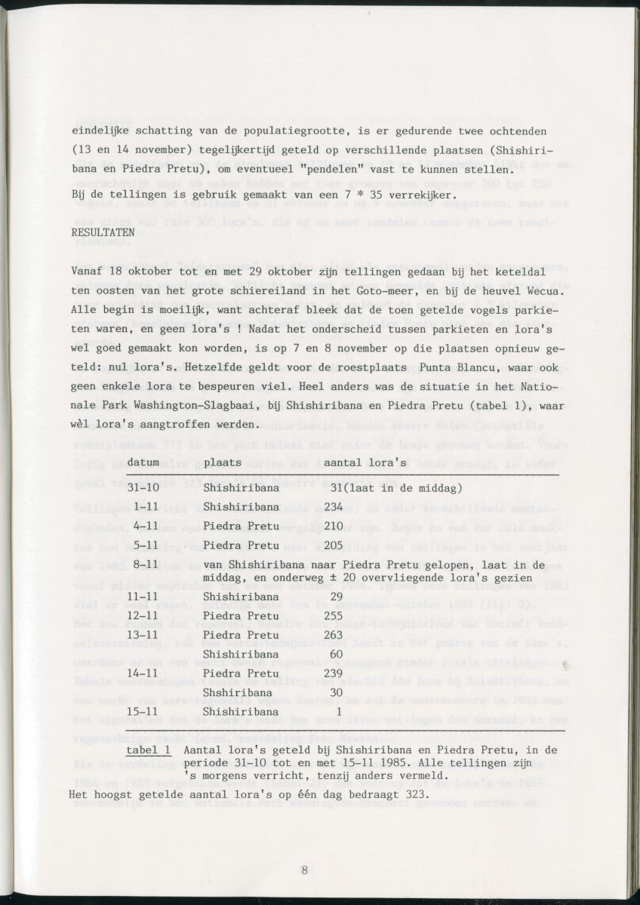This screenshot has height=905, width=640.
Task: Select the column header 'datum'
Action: coord(143,461)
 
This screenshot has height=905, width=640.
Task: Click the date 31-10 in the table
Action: coord(143,489)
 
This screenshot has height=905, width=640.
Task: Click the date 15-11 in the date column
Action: coord(143,711)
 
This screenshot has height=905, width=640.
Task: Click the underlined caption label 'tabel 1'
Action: coord(148,751)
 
